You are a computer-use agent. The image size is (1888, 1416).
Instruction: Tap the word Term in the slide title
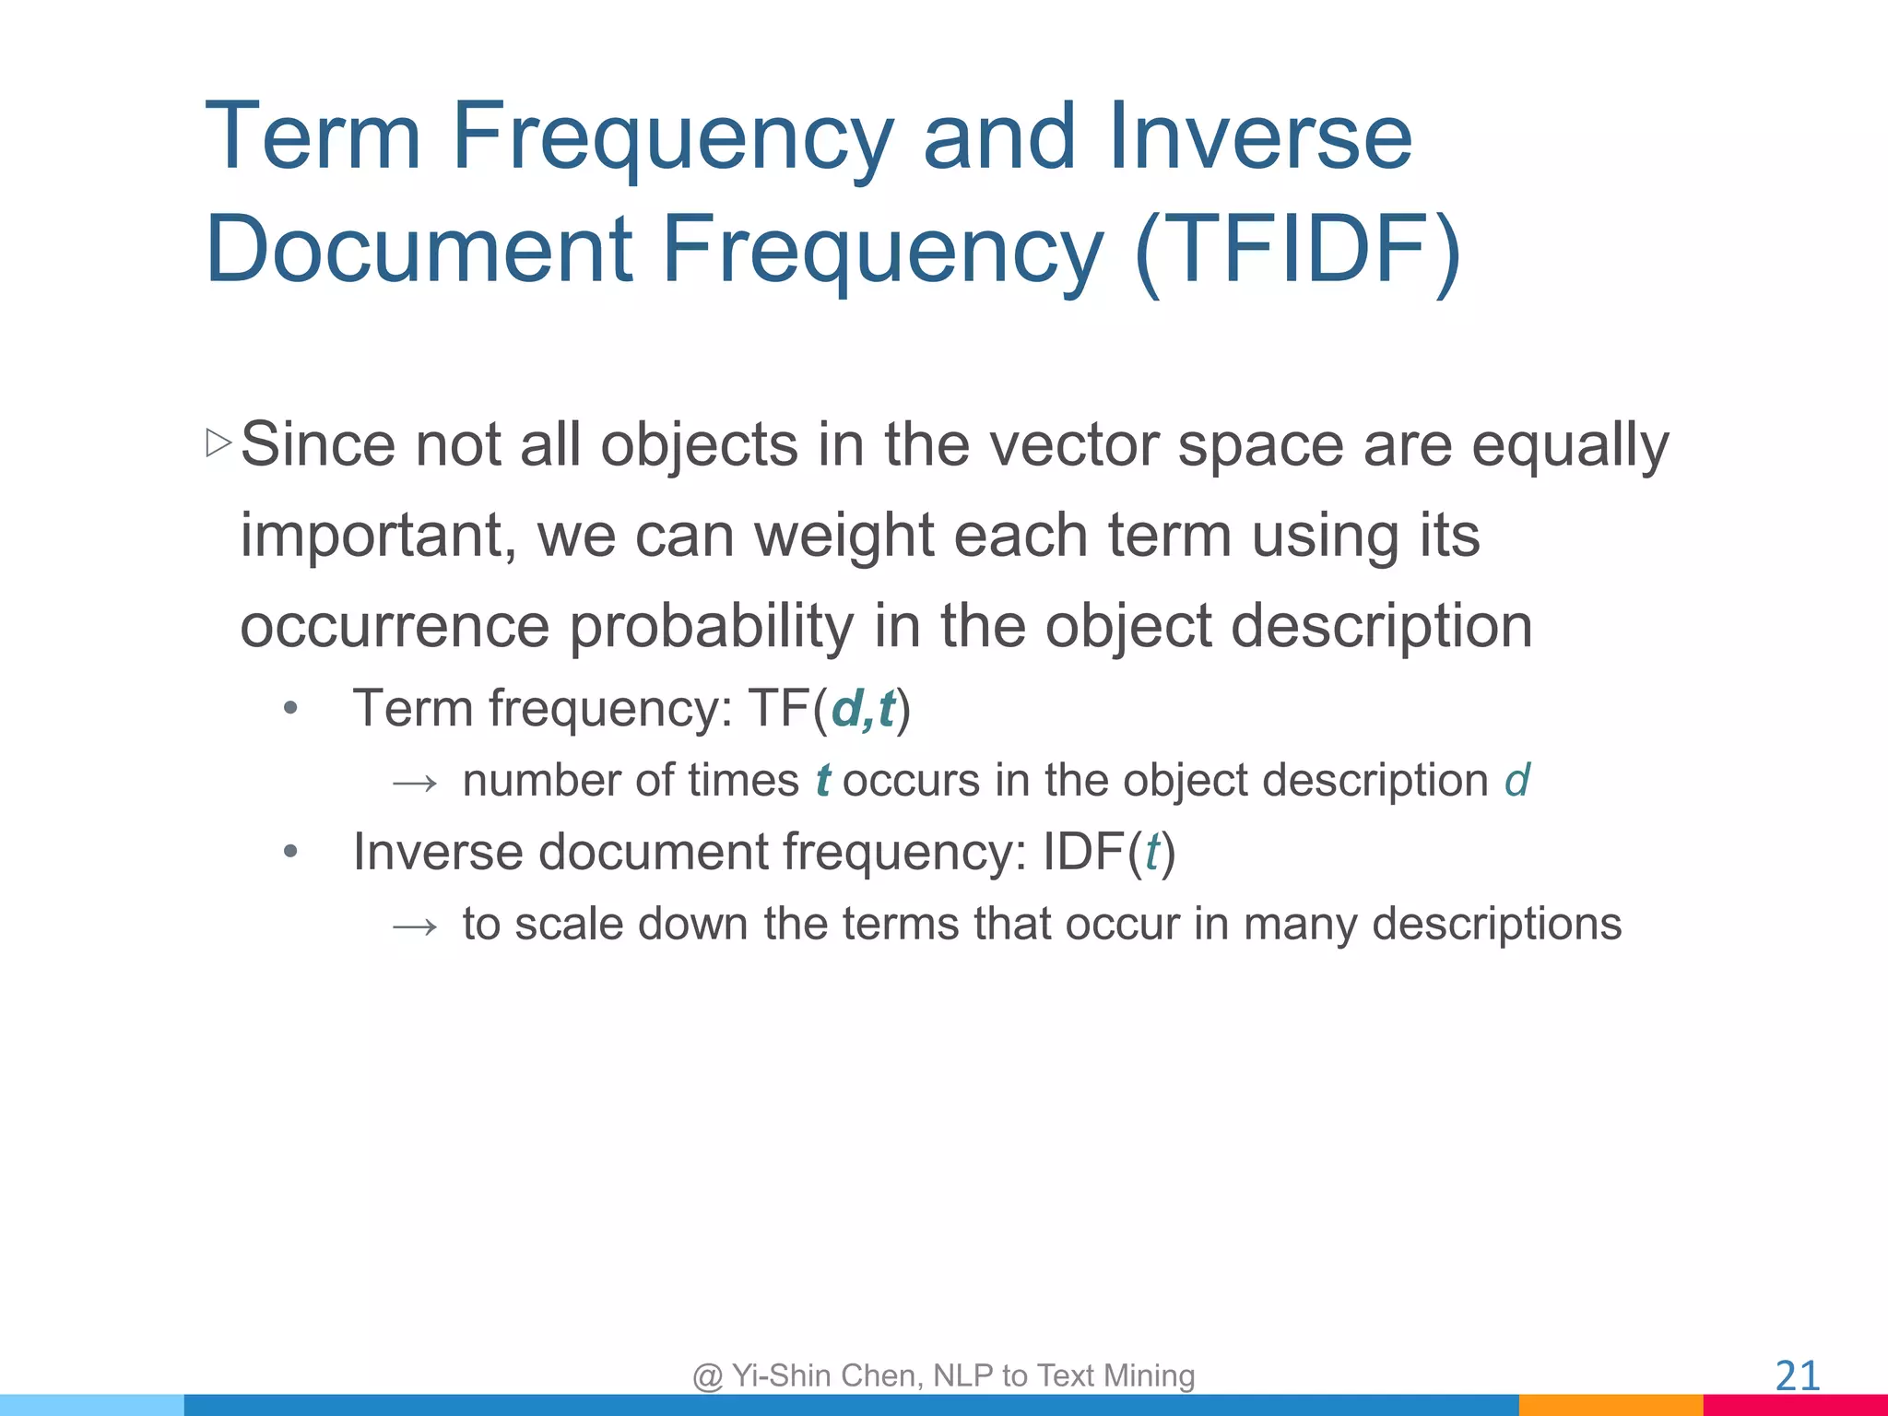click(313, 138)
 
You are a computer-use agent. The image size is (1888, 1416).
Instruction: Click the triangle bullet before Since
click(218, 442)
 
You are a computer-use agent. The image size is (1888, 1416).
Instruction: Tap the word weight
click(844, 537)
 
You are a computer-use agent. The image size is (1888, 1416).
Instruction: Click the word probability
click(711, 627)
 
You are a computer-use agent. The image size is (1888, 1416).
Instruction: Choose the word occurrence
click(394, 627)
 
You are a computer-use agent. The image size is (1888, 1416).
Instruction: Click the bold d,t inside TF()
click(863, 709)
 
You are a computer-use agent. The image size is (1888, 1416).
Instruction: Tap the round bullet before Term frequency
click(290, 709)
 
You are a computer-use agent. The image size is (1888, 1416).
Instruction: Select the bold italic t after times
click(822, 781)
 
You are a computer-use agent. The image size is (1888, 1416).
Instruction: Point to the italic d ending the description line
click(1516, 781)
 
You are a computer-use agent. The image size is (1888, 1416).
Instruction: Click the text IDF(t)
click(1108, 852)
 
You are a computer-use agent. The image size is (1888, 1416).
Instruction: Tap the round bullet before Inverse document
click(290, 852)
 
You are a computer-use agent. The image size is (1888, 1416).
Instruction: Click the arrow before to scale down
click(414, 926)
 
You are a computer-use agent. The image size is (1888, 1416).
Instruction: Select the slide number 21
click(1797, 1376)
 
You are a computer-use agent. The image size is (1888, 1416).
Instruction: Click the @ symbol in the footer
click(708, 1376)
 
